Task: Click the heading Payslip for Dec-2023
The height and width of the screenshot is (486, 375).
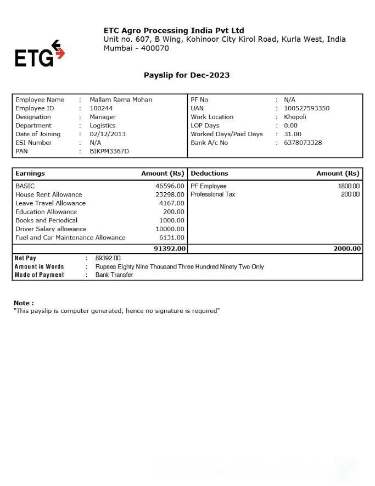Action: (x=187, y=75)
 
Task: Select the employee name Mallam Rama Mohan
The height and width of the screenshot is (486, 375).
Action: (x=121, y=100)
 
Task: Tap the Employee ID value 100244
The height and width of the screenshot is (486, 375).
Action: (x=101, y=108)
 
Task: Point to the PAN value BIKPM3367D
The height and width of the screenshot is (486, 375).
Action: (x=109, y=151)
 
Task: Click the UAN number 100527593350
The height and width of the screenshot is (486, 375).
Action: (x=306, y=108)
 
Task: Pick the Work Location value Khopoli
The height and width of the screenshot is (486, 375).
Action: (x=295, y=117)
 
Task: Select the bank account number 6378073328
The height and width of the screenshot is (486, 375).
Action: (x=303, y=143)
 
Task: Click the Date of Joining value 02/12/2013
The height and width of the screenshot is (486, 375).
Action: (x=108, y=134)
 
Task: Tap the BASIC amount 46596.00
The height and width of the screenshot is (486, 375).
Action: (x=170, y=186)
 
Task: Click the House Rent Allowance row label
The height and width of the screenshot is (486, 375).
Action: (x=49, y=194)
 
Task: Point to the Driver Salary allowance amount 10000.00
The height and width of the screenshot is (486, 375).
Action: (x=170, y=229)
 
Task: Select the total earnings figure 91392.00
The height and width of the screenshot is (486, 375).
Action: (x=170, y=249)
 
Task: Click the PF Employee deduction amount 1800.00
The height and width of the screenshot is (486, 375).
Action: (x=349, y=186)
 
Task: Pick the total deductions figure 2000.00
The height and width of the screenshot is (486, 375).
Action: (x=347, y=249)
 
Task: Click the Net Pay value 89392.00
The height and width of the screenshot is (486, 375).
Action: (x=108, y=258)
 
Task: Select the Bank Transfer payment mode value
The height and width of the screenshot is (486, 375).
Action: (x=114, y=275)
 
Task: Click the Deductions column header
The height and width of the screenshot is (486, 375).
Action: (x=209, y=174)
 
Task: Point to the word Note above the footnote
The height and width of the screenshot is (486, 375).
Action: (x=23, y=303)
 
